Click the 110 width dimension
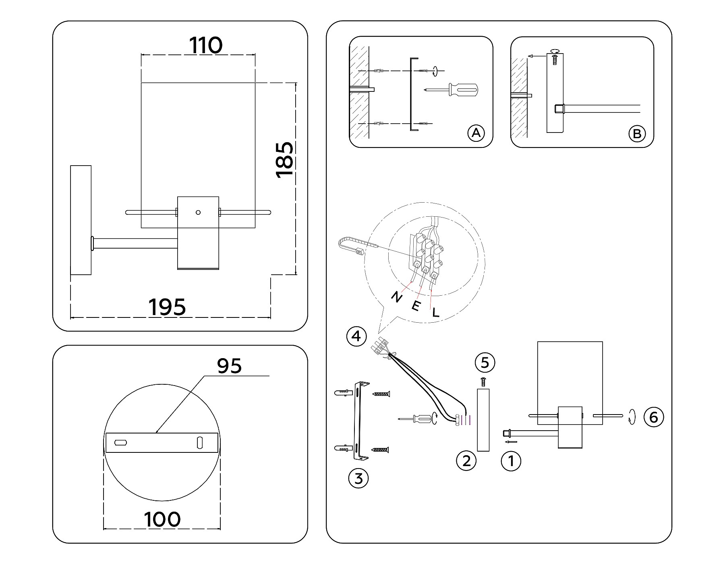pos(206,46)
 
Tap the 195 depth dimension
pos(168,307)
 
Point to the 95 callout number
pos(229,366)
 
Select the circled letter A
pos(476,133)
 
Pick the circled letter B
pos(637,133)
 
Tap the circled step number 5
pos(485,363)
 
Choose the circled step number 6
pos(653,417)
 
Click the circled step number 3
pos(358,479)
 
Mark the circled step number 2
pos(466,460)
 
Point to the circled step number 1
pos(511,460)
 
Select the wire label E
pos(416,306)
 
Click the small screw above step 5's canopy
pos(483,381)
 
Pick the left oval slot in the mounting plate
pos(120,443)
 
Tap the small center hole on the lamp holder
pos(197,212)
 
